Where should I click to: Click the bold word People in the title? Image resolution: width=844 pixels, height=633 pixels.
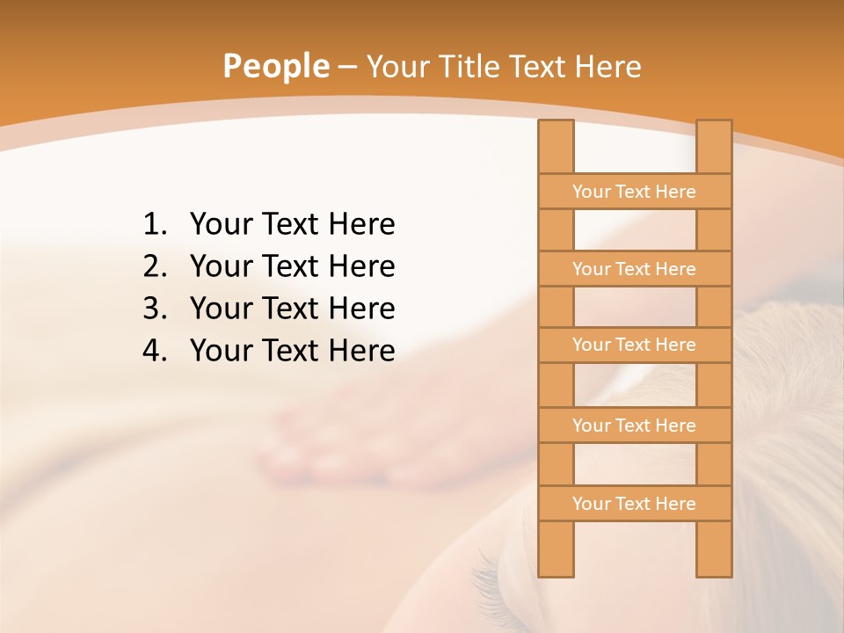[275, 66]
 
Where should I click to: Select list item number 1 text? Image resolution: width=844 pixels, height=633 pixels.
[292, 224]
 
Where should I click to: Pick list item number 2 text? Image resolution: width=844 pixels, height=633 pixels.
[292, 266]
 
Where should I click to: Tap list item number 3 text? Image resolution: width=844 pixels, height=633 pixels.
[292, 309]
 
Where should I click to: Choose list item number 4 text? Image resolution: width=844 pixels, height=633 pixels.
[292, 351]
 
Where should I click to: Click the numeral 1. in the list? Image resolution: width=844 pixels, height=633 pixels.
[155, 224]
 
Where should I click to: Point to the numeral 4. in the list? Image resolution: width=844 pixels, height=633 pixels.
[155, 351]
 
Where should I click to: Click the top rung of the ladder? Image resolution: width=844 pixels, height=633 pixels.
[634, 192]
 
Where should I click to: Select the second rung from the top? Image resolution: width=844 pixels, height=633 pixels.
[634, 269]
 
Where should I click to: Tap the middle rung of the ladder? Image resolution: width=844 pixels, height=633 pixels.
[634, 345]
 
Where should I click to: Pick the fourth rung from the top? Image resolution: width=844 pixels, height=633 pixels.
[634, 426]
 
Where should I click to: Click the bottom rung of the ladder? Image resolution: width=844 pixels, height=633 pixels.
[634, 504]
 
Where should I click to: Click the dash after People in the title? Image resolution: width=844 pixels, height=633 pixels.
[347, 67]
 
